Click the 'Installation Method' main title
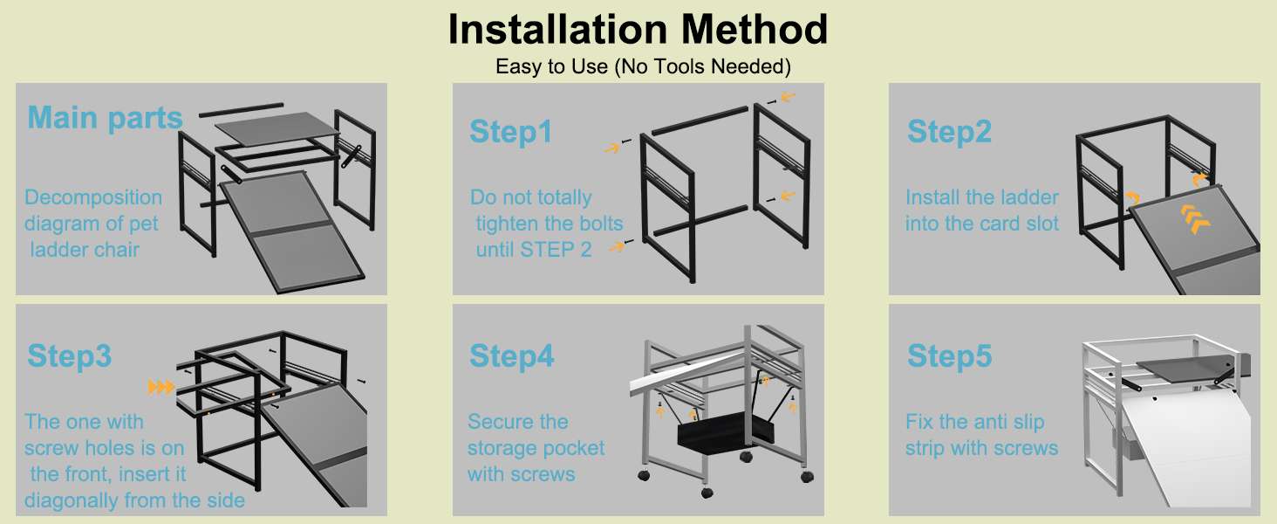pyautogui.click(x=638, y=29)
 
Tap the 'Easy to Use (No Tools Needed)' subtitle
pyautogui.click(x=643, y=66)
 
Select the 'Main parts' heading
pyautogui.click(x=105, y=118)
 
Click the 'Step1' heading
pyautogui.click(x=511, y=132)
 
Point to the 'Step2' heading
pyautogui.click(x=949, y=131)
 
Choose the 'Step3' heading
pyautogui.click(x=70, y=355)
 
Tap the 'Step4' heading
pyautogui.click(x=511, y=355)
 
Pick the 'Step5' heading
pyautogui.click(x=949, y=355)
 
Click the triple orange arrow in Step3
pyautogui.click(x=160, y=388)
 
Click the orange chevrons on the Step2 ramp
pyautogui.click(x=1196, y=218)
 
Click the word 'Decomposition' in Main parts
pyautogui.click(x=93, y=197)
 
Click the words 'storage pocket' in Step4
pyautogui.click(x=536, y=448)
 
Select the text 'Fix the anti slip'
pyautogui.click(x=975, y=422)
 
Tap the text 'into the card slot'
pyautogui.click(x=981, y=224)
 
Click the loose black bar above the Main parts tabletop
pyautogui.click(x=241, y=109)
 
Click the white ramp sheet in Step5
pyautogui.click(x=1183, y=451)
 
